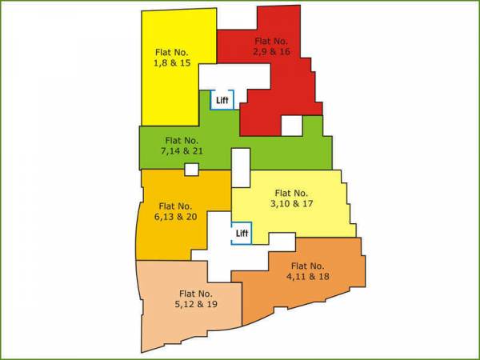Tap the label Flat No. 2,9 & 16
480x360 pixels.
coord(271,45)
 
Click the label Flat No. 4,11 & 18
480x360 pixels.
coord(308,271)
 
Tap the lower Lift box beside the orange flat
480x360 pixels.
coord(242,234)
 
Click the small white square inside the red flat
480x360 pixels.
coord(291,126)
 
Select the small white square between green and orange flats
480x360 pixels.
coord(191,170)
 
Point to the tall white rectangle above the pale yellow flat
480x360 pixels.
coord(240,167)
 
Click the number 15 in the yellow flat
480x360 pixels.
coord(185,62)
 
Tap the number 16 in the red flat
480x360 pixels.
coord(284,50)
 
